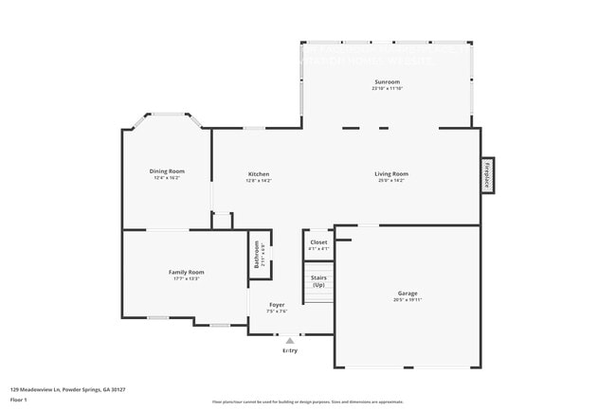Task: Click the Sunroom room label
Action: coord(387,82)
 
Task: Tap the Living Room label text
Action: coord(390,173)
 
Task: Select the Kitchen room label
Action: coord(259,173)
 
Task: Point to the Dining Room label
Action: coord(167,171)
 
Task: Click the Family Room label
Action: coord(186,272)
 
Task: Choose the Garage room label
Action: coord(408,293)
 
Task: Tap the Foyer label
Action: coord(276,305)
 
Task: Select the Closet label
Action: coord(318,241)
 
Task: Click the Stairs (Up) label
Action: coord(318,281)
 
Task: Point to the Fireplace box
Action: coord(487,176)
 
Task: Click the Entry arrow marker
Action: coord(290,340)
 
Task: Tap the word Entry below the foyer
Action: coord(290,350)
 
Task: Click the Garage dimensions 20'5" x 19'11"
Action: coord(408,299)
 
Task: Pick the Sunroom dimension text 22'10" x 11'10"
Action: coord(387,89)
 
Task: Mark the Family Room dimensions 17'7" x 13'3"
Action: coord(186,278)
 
